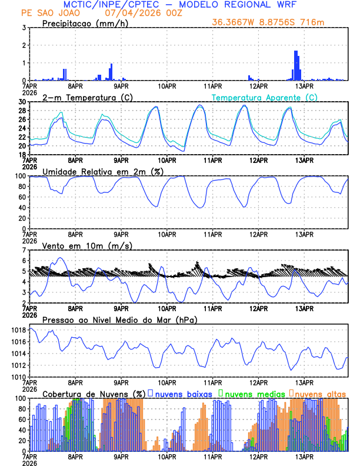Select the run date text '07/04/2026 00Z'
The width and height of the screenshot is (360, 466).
pos(136,13)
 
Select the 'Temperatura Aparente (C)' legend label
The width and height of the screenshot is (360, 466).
pos(264,97)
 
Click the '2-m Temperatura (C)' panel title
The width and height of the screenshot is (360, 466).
pos(82,97)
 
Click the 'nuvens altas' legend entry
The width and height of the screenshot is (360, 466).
pos(320,394)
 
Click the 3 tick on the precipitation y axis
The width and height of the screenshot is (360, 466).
pos(24,28)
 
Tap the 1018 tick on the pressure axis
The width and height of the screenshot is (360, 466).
pos(18,331)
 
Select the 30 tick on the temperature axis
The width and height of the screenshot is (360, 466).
pos(21,102)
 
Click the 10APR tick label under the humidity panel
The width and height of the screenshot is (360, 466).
pos(167,234)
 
